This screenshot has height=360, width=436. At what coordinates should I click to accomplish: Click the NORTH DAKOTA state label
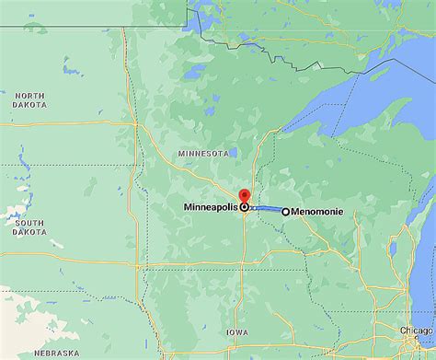tap(29, 99)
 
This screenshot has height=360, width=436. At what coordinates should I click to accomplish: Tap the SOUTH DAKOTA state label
tap(29, 227)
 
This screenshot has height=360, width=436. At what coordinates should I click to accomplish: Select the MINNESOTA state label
tap(203, 153)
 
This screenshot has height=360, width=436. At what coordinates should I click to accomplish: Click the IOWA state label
tap(236, 332)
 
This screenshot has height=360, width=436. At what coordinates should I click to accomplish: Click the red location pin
tap(244, 196)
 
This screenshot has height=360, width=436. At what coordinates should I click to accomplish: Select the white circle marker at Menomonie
tap(285, 211)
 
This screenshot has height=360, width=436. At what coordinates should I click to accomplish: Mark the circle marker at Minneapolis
tap(244, 208)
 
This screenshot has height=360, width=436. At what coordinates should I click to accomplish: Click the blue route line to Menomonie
tap(265, 209)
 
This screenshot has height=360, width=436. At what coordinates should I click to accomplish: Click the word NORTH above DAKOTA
tap(29, 95)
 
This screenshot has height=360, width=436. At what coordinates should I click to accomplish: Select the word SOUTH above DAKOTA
tap(29, 223)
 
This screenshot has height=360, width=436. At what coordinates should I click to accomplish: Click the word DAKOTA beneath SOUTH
tap(29, 233)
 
